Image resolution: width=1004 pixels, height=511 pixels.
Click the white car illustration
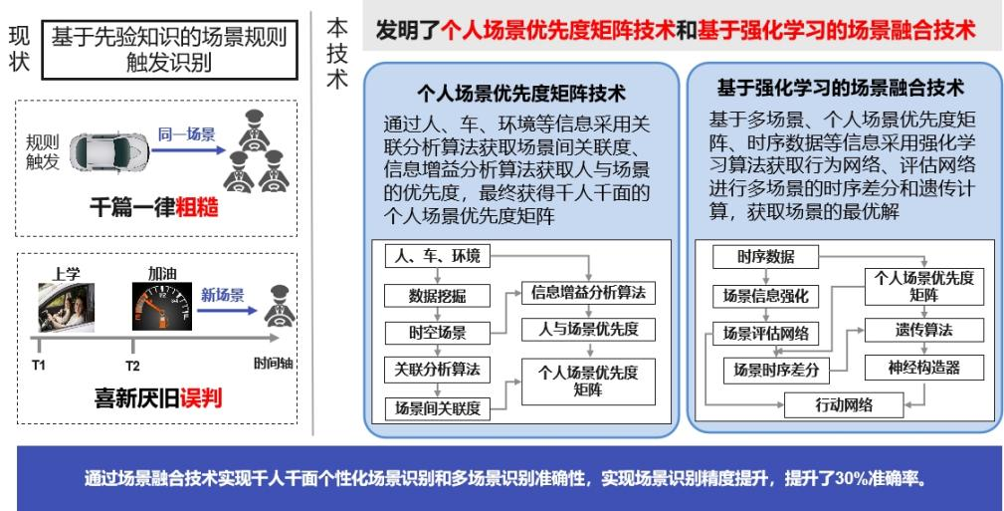(x=108, y=152)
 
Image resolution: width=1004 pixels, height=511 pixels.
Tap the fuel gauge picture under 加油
(x=162, y=307)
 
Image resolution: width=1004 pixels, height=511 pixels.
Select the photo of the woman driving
(x=66, y=308)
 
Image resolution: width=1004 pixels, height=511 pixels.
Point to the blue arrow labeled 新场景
(x=227, y=311)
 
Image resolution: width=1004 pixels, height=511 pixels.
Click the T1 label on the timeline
(x=39, y=365)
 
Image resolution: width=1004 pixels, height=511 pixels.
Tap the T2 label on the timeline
(x=132, y=367)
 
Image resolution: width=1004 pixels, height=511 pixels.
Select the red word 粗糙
(x=197, y=207)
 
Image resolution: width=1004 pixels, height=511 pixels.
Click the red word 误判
(x=200, y=397)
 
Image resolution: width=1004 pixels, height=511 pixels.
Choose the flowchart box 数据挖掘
(x=438, y=296)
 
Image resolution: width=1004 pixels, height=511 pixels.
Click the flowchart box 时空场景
(x=438, y=334)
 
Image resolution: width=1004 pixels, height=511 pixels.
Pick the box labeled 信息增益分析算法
(x=588, y=293)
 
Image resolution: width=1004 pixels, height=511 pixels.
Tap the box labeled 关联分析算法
(x=438, y=370)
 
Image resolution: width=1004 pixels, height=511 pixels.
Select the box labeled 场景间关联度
(x=438, y=408)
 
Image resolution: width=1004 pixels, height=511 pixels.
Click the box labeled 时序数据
(x=766, y=257)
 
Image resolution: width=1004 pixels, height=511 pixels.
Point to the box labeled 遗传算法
(x=924, y=330)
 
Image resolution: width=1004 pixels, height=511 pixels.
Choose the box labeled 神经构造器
(x=924, y=368)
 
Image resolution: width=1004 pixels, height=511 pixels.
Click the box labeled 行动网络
(x=844, y=405)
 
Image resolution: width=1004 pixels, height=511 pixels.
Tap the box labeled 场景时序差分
(x=777, y=370)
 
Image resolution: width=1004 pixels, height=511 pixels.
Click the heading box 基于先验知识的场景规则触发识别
(x=170, y=50)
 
